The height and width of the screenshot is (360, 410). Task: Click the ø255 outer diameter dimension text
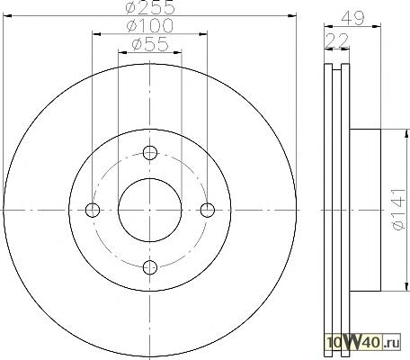pos(150,7)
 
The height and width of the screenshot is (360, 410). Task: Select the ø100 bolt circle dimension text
pos(150,26)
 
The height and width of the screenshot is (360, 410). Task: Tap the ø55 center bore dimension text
pos(150,44)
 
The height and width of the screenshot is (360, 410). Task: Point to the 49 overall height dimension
pos(352,18)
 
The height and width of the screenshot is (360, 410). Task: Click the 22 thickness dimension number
pos(337,40)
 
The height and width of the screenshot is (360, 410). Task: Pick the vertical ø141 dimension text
pos(399,210)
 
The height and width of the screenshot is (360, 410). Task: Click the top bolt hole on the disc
pos(150,153)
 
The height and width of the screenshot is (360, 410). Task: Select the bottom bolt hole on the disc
pos(150,267)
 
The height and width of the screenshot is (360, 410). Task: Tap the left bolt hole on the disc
pos(93,210)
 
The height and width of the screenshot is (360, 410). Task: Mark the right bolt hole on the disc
pos(207,210)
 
